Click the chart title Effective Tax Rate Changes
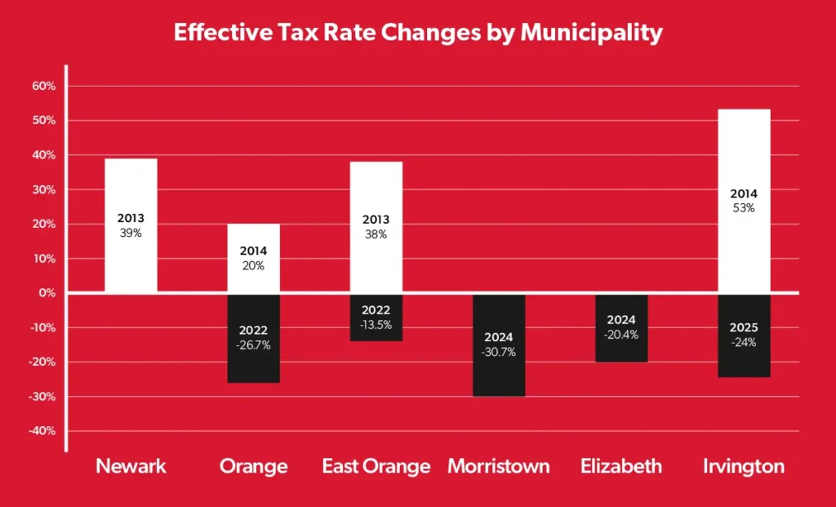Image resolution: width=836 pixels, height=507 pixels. pyautogui.click(x=417, y=33)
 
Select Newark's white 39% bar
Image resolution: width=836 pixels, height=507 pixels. pyautogui.click(x=131, y=225)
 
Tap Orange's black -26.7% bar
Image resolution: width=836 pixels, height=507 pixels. pyautogui.click(x=253, y=338)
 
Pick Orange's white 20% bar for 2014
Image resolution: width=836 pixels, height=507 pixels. pyautogui.click(x=253, y=258)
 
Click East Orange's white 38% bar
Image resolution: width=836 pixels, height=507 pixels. pyautogui.click(x=376, y=227)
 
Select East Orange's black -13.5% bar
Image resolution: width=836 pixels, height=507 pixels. pyautogui.click(x=376, y=317)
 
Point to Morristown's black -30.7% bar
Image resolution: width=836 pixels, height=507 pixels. pyautogui.click(x=499, y=345)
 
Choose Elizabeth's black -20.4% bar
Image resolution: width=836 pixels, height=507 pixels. pyautogui.click(x=621, y=328)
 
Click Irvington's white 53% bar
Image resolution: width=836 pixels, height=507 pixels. pyautogui.click(x=744, y=201)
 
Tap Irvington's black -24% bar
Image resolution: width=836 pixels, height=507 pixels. pyautogui.click(x=744, y=336)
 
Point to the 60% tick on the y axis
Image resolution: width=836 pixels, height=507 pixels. pyautogui.click(x=43, y=86)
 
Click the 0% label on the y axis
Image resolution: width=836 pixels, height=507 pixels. pyautogui.click(x=47, y=293)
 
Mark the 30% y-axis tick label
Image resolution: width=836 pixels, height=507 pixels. pyautogui.click(x=43, y=189)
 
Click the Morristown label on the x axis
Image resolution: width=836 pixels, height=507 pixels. pyautogui.click(x=499, y=467)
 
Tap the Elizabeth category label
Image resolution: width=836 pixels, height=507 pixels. pyautogui.click(x=621, y=467)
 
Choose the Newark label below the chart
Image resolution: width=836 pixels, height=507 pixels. pyautogui.click(x=131, y=467)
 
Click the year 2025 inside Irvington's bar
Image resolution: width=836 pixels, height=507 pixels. pyautogui.click(x=744, y=328)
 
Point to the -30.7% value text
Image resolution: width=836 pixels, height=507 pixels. pyautogui.click(x=499, y=352)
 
